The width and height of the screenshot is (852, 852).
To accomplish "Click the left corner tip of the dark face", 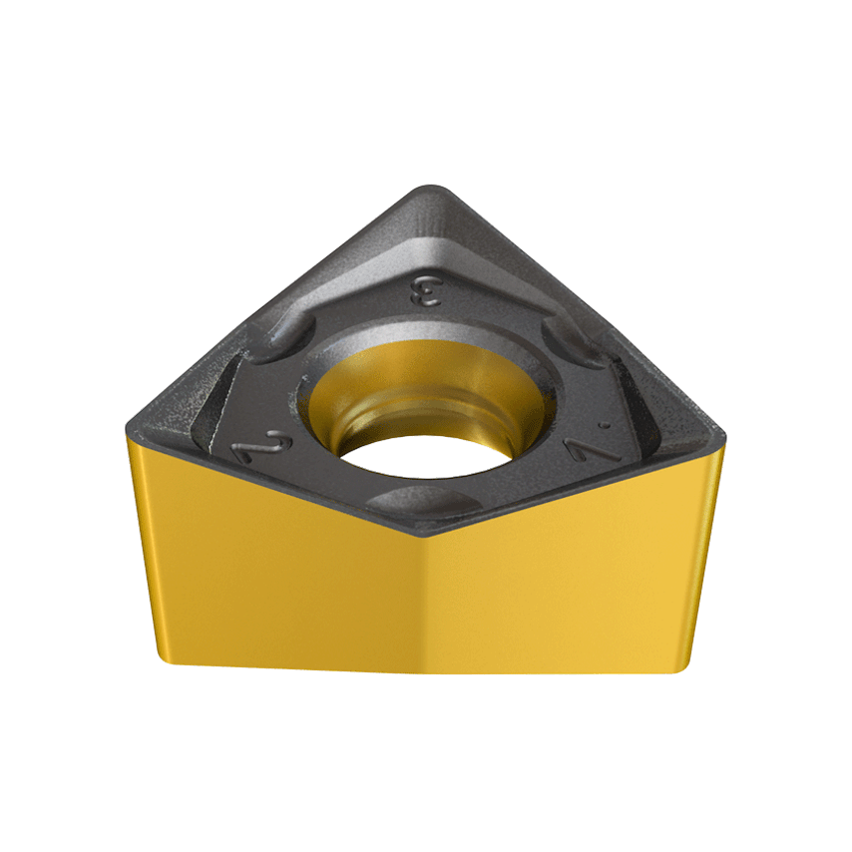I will [130, 430].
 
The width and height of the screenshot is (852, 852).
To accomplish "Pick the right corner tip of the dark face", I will [715, 431].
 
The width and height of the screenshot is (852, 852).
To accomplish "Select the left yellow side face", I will [279, 579].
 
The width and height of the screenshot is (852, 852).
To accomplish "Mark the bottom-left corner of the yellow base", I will [161, 657].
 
